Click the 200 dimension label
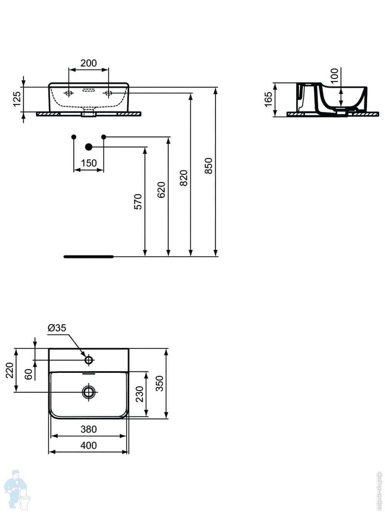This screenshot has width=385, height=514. (89, 63)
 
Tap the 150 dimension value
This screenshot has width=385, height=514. (89, 163)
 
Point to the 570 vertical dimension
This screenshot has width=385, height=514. (138, 202)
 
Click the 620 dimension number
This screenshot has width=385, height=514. (161, 190)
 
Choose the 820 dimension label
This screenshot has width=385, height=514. (184, 178)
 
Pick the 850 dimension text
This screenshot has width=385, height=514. (208, 166)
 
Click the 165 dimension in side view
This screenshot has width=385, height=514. (268, 99)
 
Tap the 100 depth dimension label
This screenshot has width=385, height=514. (334, 76)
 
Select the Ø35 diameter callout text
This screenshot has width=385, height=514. (57, 328)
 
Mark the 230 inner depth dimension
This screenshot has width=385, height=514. (140, 394)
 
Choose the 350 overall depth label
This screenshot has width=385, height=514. (159, 384)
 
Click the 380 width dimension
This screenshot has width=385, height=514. (89, 429)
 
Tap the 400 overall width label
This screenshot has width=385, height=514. (89, 445)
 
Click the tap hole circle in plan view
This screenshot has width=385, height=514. (89, 360)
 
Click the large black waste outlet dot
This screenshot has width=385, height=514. (89, 147)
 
